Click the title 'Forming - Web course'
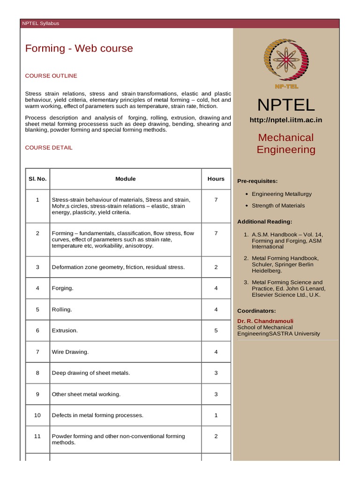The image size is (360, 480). pos(79,48)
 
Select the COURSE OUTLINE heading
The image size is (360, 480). pos(51,75)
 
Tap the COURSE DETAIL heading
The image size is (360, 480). pos(49,147)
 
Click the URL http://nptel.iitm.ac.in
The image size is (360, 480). pos(286,120)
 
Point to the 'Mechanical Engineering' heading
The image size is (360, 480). pos(286,143)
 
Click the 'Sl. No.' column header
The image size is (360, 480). pos(37,179)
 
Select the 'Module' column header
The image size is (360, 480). pos(126,179)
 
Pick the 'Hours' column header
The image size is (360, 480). pos(216,179)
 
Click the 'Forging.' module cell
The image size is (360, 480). pos(63,288)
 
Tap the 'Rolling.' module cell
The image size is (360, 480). pos(62,309)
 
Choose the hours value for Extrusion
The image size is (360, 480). pos(216,330)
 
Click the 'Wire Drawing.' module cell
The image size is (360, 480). pos(70,352)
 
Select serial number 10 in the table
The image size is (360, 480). pos(37,415)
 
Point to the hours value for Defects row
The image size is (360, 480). pos(216,415)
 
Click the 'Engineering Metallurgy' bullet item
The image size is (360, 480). pos(281,194)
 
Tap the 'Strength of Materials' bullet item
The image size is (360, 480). pos(278,205)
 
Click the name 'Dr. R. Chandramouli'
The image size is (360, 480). pos(265,321)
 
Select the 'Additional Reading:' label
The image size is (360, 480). pos(264,221)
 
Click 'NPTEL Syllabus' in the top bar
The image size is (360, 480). pos(41,23)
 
